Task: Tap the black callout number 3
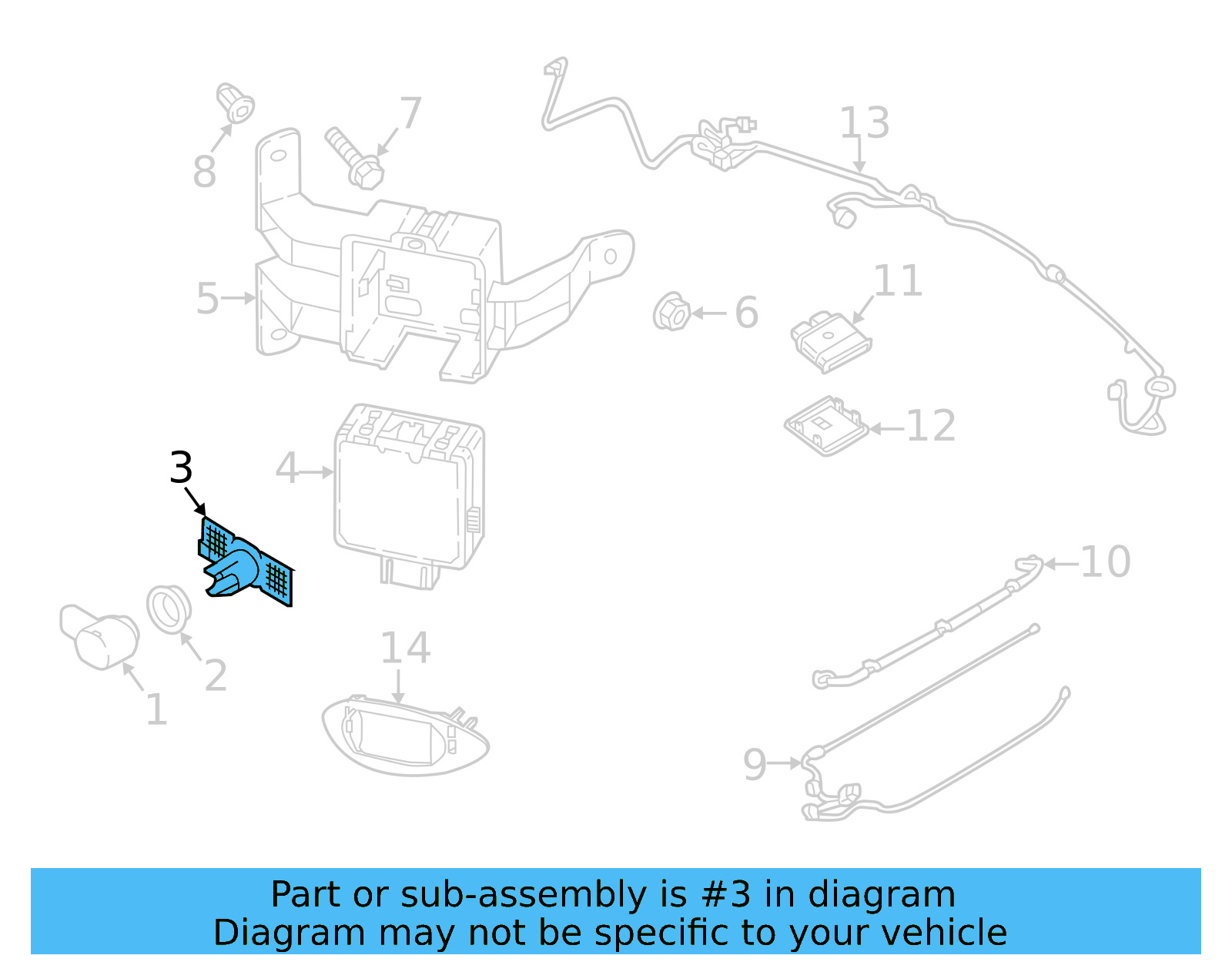181,468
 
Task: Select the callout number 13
864,123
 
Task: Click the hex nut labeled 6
671,312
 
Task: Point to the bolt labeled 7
355,158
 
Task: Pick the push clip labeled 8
236,103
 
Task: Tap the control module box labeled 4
408,493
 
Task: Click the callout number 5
207,299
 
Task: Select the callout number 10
1105,562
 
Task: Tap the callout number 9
755,764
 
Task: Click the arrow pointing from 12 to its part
885,428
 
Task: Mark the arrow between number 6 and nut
709,313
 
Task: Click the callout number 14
405,649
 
